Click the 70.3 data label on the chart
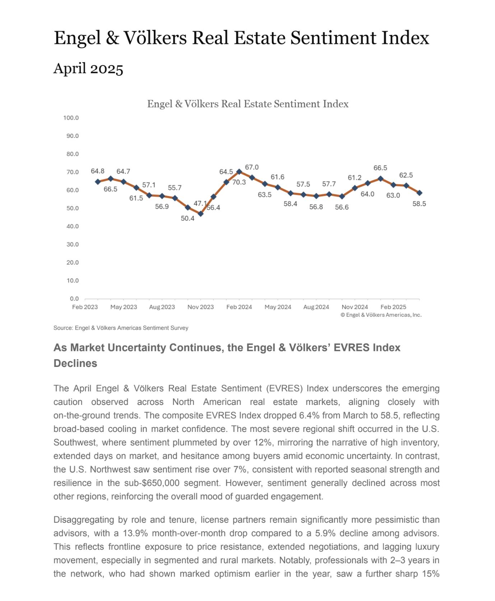tap(239, 182)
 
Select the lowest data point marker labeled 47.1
tap(200, 214)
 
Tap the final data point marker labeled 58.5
tap(419, 193)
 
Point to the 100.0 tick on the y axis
tap(71, 118)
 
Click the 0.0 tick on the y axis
tap(74, 299)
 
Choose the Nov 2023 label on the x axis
tap(200, 307)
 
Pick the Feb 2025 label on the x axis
tap(393, 307)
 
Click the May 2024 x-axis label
tap(278, 307)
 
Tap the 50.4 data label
tap(188, 218)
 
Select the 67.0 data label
tap(252, 167)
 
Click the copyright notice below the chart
tap(381, 315)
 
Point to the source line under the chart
tap(121, 328)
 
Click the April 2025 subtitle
tap(88, 68)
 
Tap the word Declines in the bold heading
tap(75, 363)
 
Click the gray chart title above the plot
tap(248, 104)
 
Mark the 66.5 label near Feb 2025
tap(380, 168)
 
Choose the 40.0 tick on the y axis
tap(73, 226)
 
